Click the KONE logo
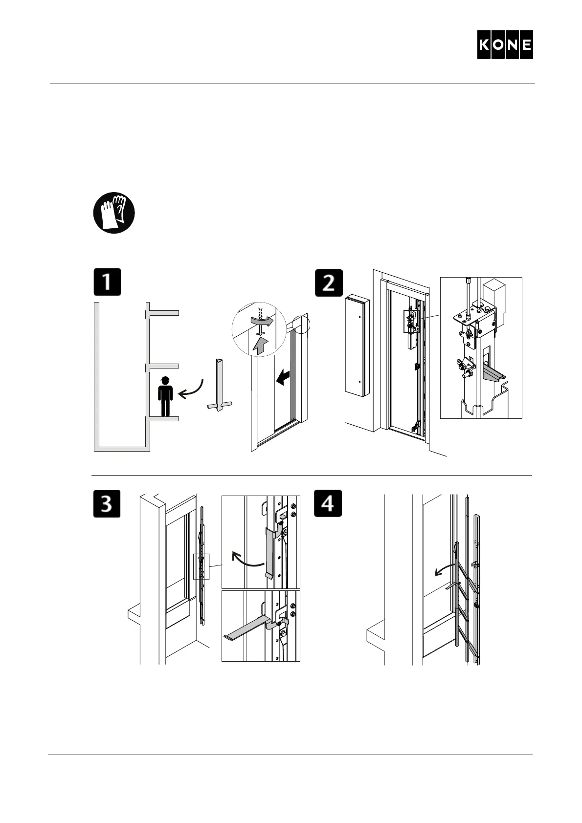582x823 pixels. tap(505, 45)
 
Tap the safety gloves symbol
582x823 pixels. tap(114, 213)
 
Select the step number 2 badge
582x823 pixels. tap(328, 282)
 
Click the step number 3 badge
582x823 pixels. tap(107, 503)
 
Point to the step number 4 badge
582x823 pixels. tap(328, 503)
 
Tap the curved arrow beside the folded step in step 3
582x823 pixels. tap(247, 561)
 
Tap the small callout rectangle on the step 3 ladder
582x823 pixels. tap(201, 566)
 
